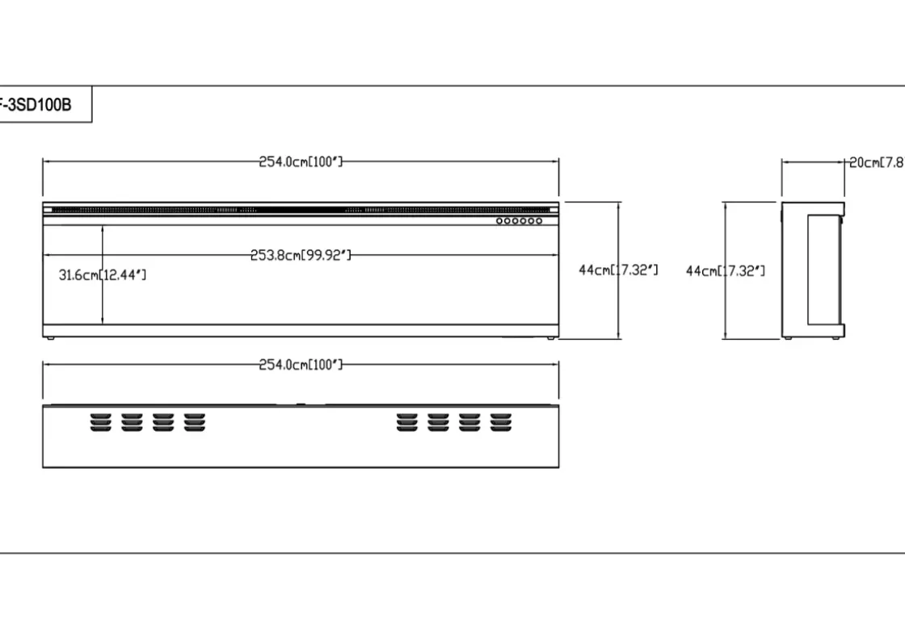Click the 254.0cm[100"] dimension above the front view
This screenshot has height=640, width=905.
coord(301,161)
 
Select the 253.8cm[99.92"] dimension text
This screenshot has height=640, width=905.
coord(301,256)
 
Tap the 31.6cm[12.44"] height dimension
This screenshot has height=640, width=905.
coord(103,275)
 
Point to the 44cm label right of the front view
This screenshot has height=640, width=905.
coord(618,270)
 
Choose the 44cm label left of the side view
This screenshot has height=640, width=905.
coord(726,270)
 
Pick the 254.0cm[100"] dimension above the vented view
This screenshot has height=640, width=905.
coord(301,365)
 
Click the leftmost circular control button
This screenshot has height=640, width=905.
coord(500,220)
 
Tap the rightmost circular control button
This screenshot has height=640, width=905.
coord(539,220)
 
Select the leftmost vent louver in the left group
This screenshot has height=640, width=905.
coord(101,422)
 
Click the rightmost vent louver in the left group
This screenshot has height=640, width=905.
coord(195,422)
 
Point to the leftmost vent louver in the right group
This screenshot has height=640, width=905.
coord(407,422)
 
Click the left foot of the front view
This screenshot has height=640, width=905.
coord(50,339)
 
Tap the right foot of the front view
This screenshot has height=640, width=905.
coord(551,339)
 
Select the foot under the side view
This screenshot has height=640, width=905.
coord(788,339)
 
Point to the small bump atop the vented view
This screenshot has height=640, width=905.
coord(301,404)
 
